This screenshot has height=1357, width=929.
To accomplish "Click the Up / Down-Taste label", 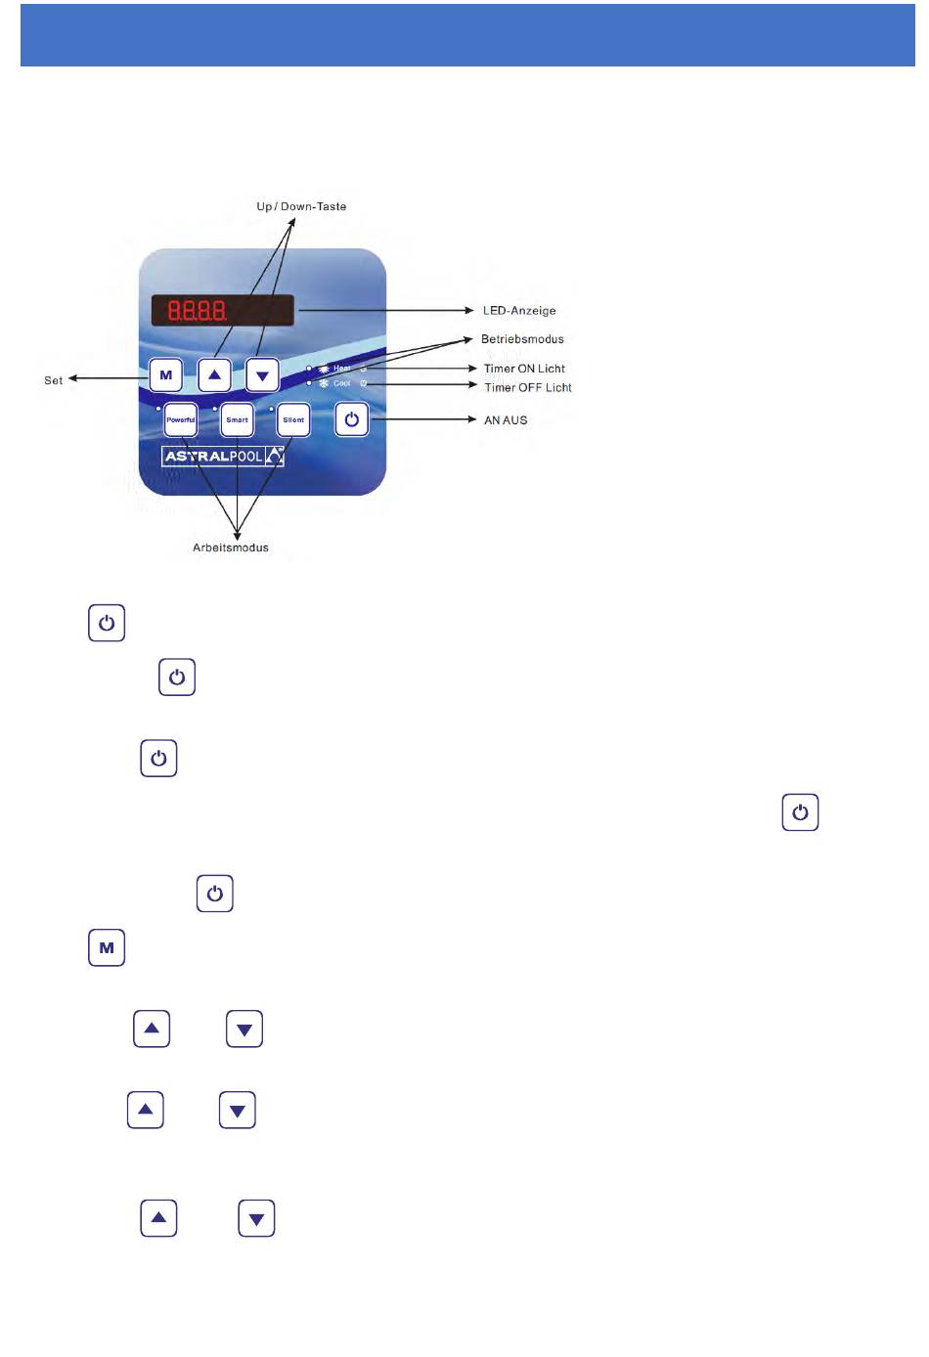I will [301, 206].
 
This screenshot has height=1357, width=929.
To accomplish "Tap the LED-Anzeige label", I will [519, 311].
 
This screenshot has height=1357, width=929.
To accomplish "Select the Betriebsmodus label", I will [522, 339].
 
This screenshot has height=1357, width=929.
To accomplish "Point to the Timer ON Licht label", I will [524, 369].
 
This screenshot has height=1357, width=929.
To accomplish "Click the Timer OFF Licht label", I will [528, 388].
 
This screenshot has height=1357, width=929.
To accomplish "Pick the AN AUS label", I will [506, 420].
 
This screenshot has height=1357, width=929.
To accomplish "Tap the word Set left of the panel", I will [53, 380].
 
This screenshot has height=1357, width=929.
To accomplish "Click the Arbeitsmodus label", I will [231, 547].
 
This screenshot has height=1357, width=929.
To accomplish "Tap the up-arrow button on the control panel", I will [214, 374].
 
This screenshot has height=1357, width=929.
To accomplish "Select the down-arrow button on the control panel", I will [262, 375].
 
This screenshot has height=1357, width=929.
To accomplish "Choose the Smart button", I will [237, 420].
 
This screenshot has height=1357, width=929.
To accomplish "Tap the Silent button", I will [293, 420].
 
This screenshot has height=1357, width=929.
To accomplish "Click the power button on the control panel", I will [352, 420].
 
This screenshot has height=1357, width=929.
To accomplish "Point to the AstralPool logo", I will [223, 457].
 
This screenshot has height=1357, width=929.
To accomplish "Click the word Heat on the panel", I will [341, 369].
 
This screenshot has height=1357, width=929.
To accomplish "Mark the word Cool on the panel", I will [341, 383].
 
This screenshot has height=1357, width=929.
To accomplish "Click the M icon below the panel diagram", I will [107, 947].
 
